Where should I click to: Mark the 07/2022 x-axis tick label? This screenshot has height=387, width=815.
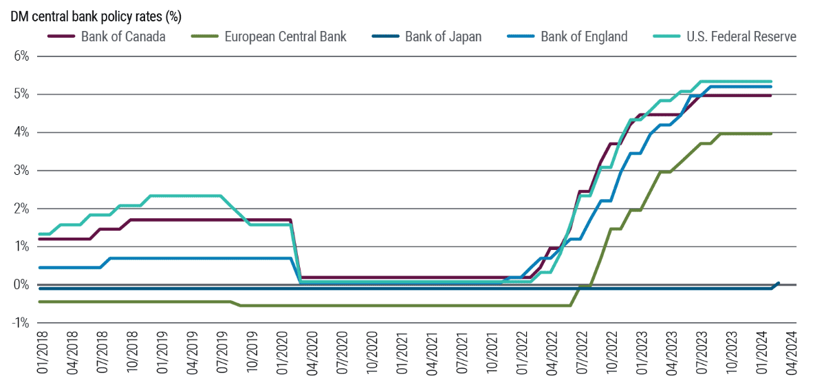tap(583, 353)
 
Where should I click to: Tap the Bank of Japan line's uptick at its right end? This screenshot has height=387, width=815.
tap(777, 283)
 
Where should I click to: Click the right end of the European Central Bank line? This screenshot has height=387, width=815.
tap(771, 134)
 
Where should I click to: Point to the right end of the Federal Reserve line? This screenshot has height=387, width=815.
tap(771, 81)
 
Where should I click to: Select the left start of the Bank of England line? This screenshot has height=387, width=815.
tap(40, 267)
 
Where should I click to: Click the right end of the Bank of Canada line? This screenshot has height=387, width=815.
tap(771, 95)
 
